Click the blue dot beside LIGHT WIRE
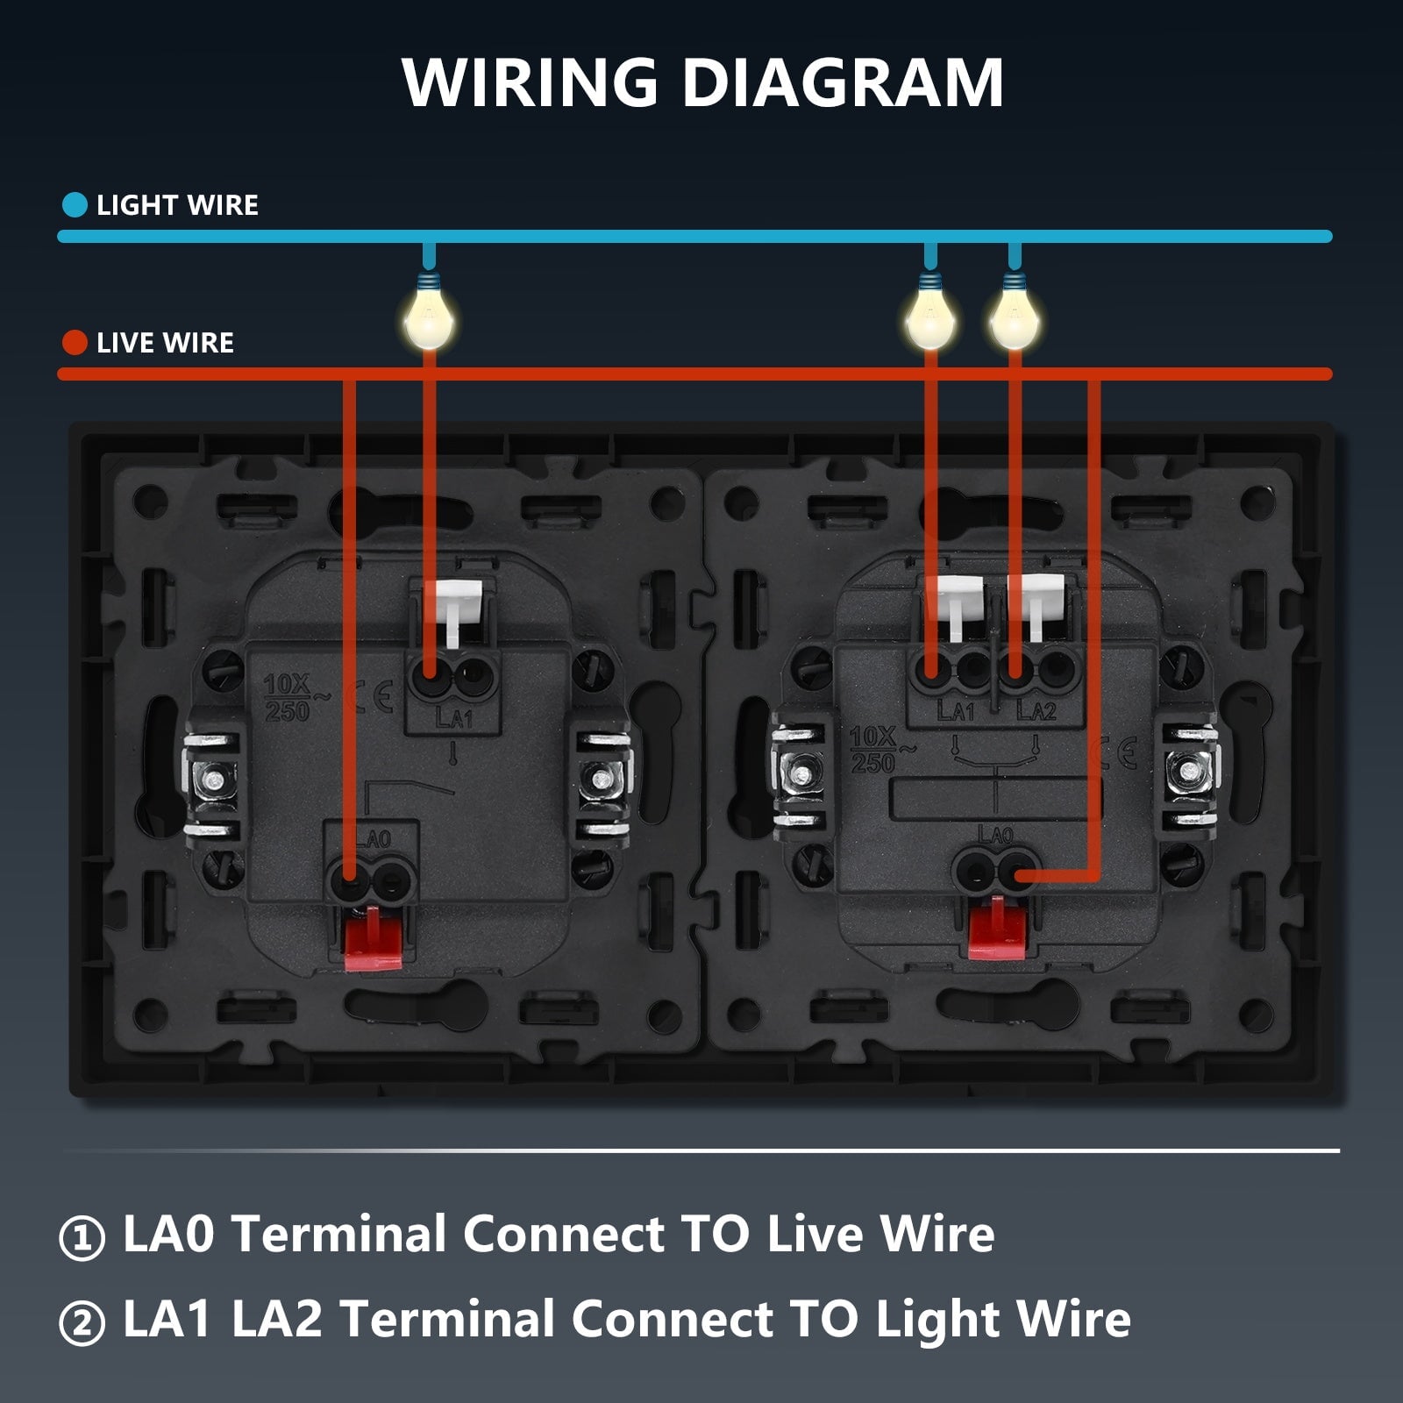coord(75,205)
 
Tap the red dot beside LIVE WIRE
coord(75,343)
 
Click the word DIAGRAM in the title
coord(843,82)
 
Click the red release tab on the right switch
coord(997,928)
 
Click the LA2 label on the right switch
coord(1036,711)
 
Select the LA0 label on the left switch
coord(374,839)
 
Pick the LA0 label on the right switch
coord(995,835)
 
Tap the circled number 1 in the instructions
coord(82,1237)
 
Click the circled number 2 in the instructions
coord(82,1323)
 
